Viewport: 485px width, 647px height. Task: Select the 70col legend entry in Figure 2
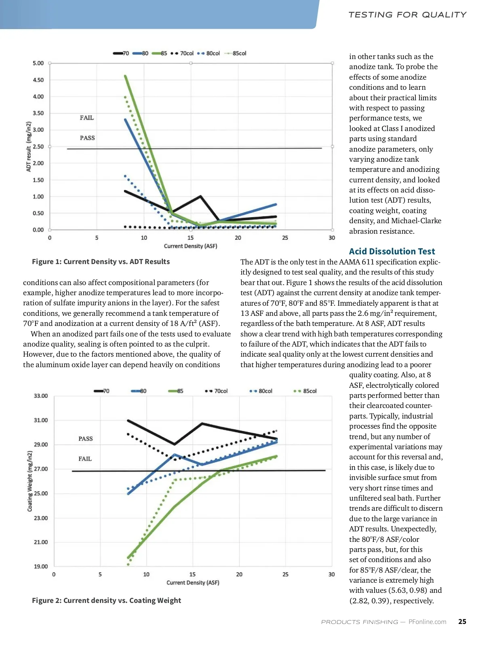point(217,391)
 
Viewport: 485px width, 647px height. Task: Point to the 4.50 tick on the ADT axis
point(38,80)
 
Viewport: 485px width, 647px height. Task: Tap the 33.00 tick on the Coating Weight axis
point(41,396)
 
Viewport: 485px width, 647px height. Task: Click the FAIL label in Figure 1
point(87,118)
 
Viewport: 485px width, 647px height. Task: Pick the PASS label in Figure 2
point(86,439)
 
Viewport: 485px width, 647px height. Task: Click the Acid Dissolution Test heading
point(392,252)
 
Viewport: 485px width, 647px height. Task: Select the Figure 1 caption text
point(101,262)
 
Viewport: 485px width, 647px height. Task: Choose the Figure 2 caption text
point(106,600)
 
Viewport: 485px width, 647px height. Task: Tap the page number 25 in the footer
point(462,622)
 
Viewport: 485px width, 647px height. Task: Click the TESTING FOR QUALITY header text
point(407,15)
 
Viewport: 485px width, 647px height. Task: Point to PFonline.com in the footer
point(427,622)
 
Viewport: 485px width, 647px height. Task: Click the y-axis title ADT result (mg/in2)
point(29,146)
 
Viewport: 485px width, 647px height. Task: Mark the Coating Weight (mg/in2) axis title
point(30,481)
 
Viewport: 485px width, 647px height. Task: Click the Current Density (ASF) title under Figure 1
point(190,246)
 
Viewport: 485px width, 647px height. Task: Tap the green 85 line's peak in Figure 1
point(125,76)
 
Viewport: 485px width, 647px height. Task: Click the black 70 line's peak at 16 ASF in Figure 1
point(200,197)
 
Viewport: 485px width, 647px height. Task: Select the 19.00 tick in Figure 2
point(41,567)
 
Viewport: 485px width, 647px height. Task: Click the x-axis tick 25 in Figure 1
point(285,238)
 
